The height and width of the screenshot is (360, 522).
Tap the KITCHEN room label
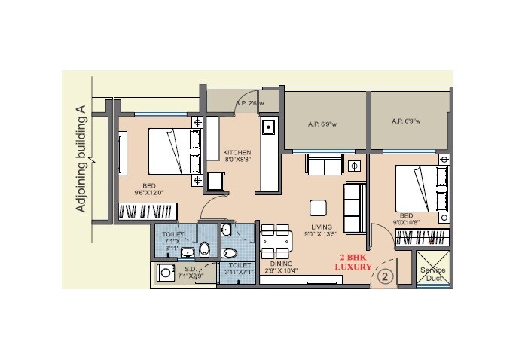click(237, 156)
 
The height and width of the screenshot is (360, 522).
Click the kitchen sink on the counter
click(267, 129)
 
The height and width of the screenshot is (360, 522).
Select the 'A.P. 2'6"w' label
click(248, 104)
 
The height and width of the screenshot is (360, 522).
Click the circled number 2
click(386, 276)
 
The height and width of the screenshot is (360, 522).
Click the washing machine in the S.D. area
click(164, 273)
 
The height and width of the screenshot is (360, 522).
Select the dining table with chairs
click(275, 241)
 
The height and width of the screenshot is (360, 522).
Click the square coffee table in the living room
click(318, 208)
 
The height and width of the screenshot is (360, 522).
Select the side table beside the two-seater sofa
click(354, 164)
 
